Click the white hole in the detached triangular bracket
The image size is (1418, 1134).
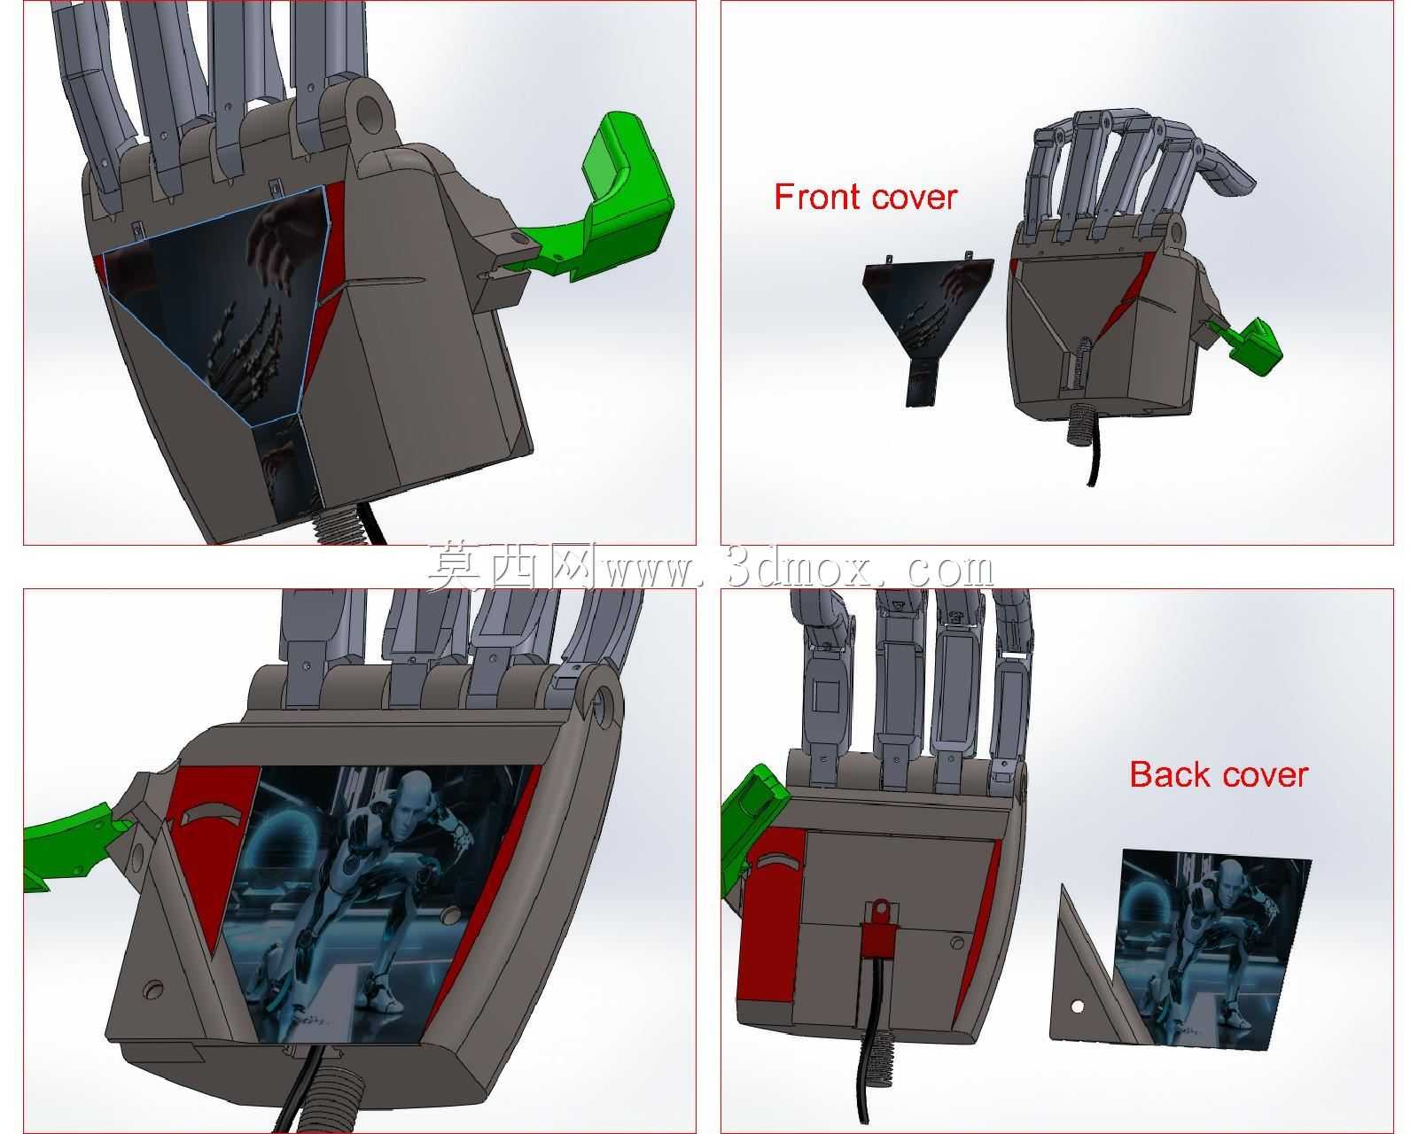(x=1078, y=1006)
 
